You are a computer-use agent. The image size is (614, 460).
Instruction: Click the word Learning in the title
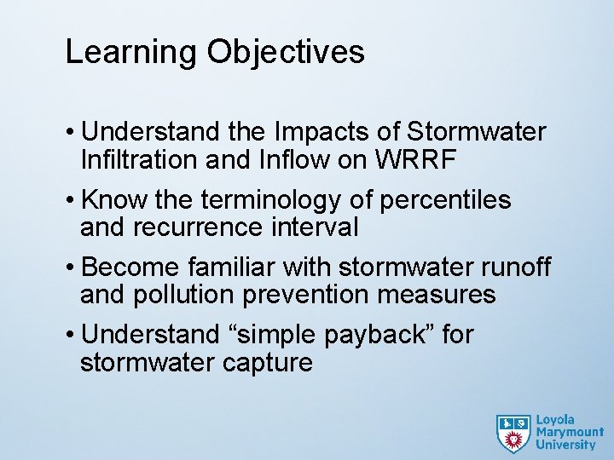coord(132,52)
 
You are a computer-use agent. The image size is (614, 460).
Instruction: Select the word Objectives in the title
coord(286,52)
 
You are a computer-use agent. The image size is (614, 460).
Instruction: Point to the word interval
coord(316,227)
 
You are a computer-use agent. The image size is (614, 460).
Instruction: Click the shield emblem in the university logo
coord(513,433)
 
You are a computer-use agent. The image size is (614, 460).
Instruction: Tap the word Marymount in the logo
coord(570,432)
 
